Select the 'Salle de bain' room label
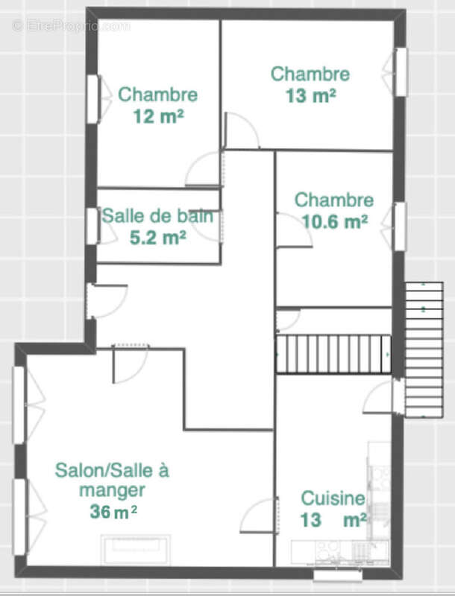pos(157,217)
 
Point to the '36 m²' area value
pos(112,512)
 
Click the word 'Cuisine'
pos(333,498)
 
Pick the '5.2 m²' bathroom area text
pos(157,238)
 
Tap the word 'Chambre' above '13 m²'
pos(310,74)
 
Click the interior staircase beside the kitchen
pos(334,354)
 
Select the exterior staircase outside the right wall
pos(423,350)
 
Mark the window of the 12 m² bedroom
pos(93,99)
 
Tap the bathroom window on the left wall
pos(92,226)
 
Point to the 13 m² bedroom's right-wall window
pos(401,72)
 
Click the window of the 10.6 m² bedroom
pos(400,226)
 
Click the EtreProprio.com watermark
pos(71,26)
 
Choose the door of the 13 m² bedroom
pos(240,132)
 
